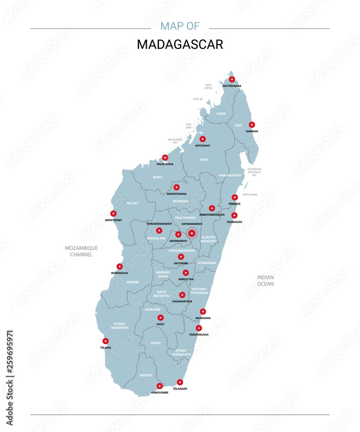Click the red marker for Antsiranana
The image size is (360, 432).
(232, 79)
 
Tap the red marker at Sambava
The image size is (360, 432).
(252, 124)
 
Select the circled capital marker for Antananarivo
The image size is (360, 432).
(192, 233)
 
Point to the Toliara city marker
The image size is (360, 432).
(105, 341)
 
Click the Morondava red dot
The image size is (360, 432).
(120, 267)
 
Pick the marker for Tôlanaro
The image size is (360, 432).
(180, 382)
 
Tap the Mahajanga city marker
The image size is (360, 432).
(165, 158)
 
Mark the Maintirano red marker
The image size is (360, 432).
(113, 213)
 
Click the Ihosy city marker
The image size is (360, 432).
(160, 318)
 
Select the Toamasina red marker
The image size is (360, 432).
(234, 215)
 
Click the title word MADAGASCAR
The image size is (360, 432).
(180, 44)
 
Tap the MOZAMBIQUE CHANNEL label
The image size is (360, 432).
(81, 251)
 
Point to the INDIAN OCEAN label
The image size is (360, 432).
(265, 280)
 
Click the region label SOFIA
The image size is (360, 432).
(204, 160)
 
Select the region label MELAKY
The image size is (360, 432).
(133, 203)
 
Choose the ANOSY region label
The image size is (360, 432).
(156, 343)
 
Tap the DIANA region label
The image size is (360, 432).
(221, 114)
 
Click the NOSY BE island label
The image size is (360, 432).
(198, 99)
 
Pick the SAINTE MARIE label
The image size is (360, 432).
(250, 195)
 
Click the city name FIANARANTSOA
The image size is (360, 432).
(182, 301)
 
